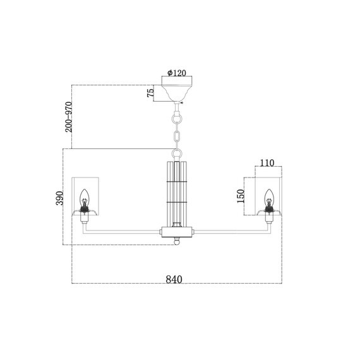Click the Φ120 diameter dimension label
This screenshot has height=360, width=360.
click(177, 73)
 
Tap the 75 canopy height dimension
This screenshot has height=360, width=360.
click(150, 93)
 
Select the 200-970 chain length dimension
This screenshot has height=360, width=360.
click(68, 117)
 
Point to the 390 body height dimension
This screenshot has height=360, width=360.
click(59, 198)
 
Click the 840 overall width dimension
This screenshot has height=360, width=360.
click(174, 279)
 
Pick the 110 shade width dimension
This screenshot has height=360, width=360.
click(267, 163)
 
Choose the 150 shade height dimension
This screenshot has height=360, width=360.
click(241, 196)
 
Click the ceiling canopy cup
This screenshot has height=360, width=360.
click(177, 93)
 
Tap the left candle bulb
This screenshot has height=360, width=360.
click(85, 198)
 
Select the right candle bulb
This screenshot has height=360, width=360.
click(269, 198)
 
